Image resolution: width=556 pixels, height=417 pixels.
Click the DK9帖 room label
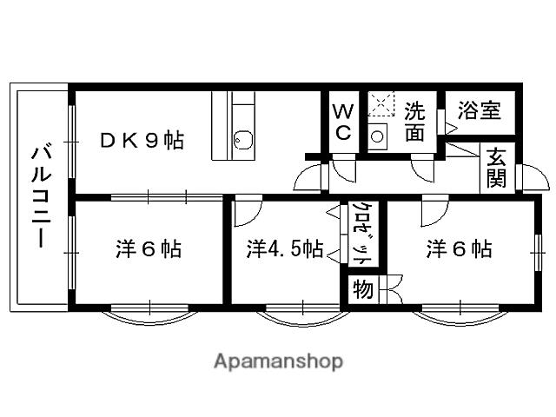click(x=142, y=141)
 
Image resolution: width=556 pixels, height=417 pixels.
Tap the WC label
click(x=342, y=122)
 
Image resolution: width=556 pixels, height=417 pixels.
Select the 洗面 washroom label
click(x=414, y=121)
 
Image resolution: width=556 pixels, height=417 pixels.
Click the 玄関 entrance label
click(x=496, y=168)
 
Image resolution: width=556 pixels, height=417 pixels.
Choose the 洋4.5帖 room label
click(x=284, y=250)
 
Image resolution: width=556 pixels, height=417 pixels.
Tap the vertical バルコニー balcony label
click(x=39, y=196)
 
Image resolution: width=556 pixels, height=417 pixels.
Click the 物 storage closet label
click(x=362, y=289)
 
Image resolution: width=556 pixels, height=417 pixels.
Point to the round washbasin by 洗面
click(x=378, y=136)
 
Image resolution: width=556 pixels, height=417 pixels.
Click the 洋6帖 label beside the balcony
click(x=149, y=249)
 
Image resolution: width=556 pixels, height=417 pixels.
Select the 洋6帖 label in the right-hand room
click(x=459, y=249)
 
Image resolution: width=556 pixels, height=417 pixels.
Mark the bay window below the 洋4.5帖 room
click(x=302, y=314)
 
